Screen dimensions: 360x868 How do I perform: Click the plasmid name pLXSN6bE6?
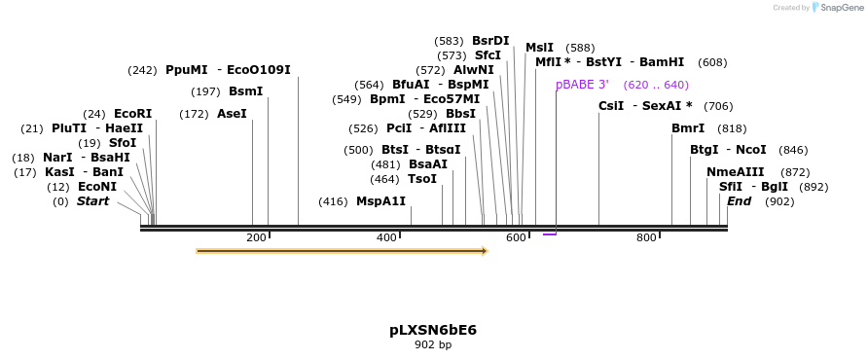433,330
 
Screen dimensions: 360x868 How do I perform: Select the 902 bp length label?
433,344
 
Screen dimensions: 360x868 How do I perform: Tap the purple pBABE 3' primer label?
582,85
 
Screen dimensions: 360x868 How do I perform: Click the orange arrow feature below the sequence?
341,251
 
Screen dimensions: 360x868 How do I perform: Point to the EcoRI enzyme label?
132,114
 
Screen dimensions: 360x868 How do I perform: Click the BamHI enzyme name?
662,62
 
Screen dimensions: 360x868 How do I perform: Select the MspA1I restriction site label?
380,201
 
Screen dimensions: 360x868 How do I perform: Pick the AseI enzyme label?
232,114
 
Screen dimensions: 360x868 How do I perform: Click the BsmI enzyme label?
245,91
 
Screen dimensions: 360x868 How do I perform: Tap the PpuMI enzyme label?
186,70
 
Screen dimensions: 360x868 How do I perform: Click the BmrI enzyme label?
688,128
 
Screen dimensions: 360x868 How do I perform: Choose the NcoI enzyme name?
750,150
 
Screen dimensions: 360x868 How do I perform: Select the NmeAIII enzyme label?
736,172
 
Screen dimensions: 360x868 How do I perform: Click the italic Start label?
92,201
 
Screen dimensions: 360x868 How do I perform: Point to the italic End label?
739,201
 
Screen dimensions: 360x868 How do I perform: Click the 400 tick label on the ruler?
386,238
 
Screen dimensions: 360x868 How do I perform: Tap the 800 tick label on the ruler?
646,238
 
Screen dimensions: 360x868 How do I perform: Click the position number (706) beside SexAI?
718,106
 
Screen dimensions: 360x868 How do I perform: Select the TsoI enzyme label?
422,179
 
